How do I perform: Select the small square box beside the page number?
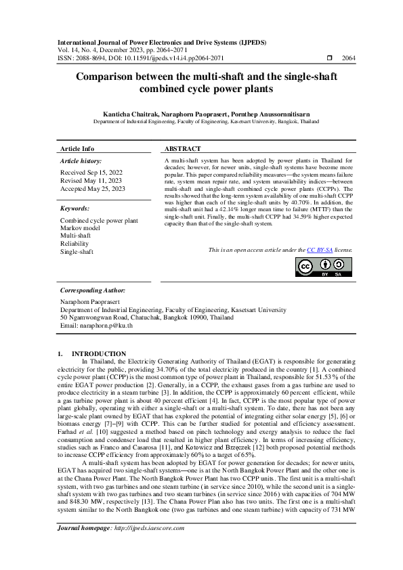pos(329,59)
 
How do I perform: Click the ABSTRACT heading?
pos(183,148)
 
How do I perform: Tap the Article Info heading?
pos(77,148)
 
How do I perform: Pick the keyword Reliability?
pos(74,243)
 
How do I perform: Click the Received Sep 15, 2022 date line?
pos(91,173)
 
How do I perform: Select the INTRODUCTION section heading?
pos(98,353)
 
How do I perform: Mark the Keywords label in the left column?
pos(75,209)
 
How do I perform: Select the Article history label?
pos(81,161)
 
